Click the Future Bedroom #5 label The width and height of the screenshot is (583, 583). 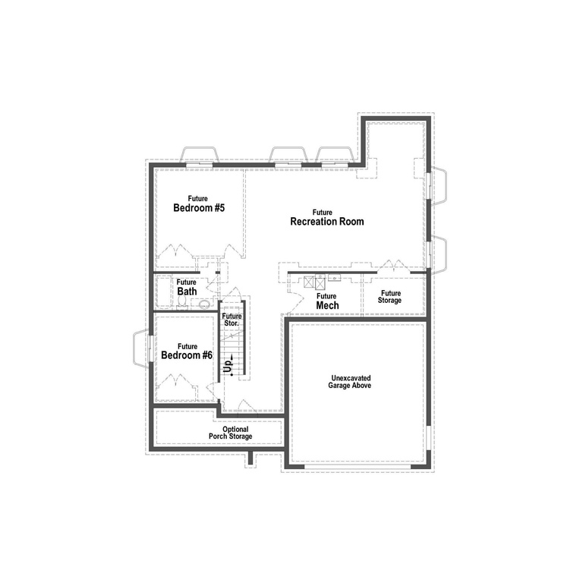click(x=199, y=203)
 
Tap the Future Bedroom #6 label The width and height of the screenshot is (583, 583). click(x=187, y=351)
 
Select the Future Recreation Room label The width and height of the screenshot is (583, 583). click(x=327, y=218)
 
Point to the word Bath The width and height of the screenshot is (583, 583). click(x=187, y=291)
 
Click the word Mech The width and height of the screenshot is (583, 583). click(x=327, y=305)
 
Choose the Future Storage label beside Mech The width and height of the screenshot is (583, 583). click(x=390, y=297)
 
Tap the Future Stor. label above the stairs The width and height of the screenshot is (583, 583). click(x=232, y=320)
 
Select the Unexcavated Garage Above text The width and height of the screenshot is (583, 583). click(x=349, y=382)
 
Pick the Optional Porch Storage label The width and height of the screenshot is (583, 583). click(x=231, y=433)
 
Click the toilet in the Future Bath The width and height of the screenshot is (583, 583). click(x=182, y=302)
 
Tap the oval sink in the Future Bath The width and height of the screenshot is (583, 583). click(x=204, y=305)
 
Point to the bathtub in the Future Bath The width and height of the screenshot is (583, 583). click(x=163, y=291)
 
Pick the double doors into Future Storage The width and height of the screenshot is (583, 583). click(x=394, y=266)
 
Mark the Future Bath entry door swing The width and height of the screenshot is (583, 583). click(x=213, y=282)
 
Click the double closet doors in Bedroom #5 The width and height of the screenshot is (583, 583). click(x=175, y=251)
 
